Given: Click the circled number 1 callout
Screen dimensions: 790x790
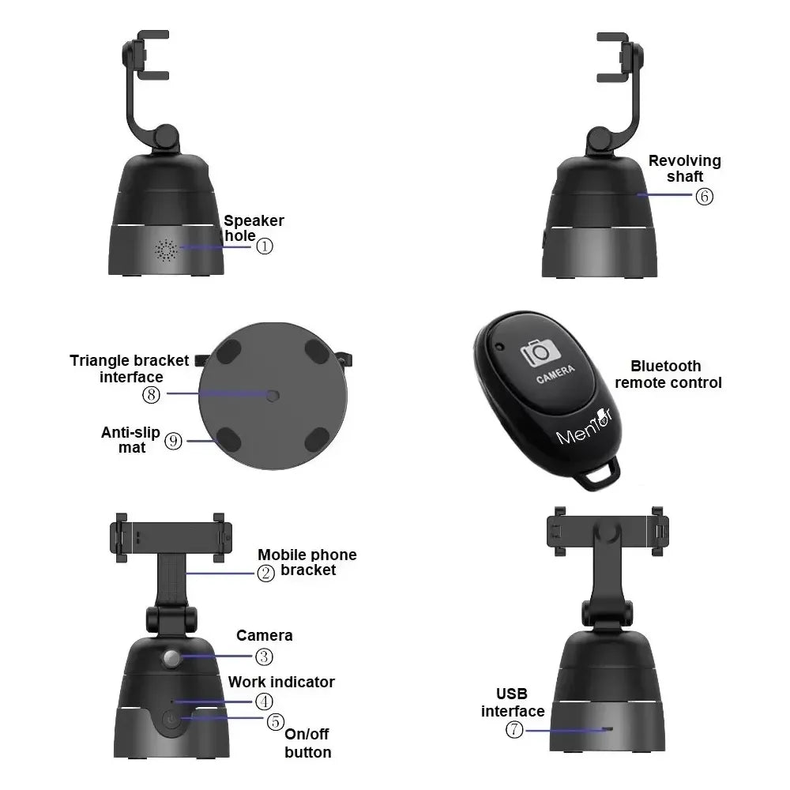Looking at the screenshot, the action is tap(265, 246).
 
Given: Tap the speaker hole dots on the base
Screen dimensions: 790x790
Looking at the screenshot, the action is tap(166, 250).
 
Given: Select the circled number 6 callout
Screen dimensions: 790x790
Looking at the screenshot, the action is tap(705, 196).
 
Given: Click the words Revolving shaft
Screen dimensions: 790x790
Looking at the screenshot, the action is tap(685, 168).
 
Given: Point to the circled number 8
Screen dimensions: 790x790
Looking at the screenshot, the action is tap(151, 394).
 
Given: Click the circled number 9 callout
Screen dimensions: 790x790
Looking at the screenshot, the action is tap(173, 442).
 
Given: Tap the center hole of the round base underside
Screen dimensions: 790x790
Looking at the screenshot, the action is tap(272, 396).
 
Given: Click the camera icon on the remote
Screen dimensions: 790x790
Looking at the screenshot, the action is tap(540, 352).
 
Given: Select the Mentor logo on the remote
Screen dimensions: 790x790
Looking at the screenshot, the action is tap(585, 427).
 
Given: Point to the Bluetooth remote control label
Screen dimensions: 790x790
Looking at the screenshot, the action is tap(668, 374).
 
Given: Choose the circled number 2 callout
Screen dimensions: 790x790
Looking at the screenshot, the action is tap(266, 573).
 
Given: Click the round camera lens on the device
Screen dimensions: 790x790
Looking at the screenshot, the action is tap(171, 658).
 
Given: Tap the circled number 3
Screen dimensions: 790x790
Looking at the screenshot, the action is tap(264, 656).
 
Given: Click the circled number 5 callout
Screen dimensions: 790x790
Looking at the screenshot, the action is tap(276, 721).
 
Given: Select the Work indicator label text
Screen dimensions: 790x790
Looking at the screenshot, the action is tap(281, 683).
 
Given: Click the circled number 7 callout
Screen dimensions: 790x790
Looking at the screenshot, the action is tap(514, 729).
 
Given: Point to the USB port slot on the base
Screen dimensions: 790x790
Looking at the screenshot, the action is tap(608, 729).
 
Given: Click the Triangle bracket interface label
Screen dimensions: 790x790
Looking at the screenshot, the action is tap(130, 369).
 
